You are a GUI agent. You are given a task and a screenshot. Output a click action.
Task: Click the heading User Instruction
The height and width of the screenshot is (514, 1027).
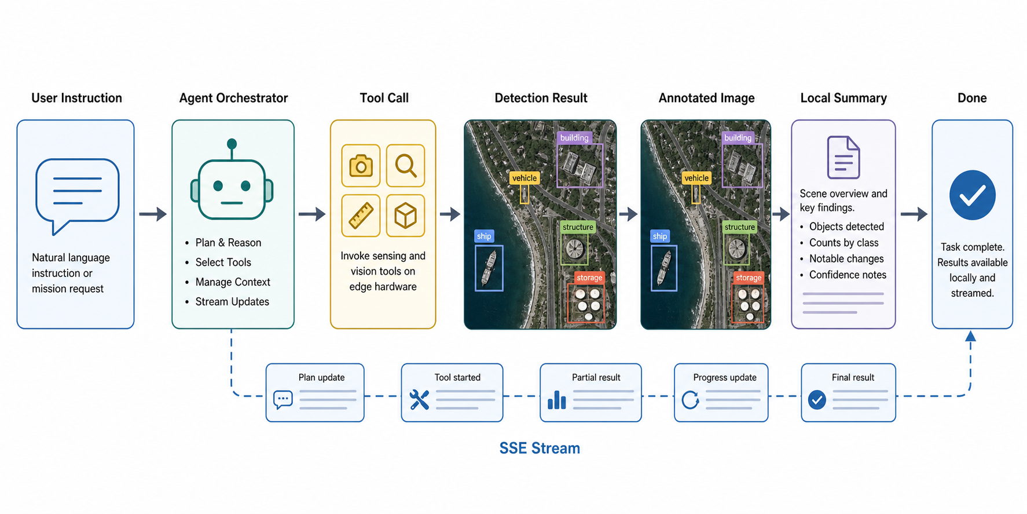pyautogui.click(x=76, y=98)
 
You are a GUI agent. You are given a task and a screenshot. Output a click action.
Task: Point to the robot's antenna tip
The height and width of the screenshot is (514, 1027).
pyautogui.click(x=232, y=143)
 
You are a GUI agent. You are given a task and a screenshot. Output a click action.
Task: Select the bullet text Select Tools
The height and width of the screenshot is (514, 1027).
pyautogui.click(x=223, y=263)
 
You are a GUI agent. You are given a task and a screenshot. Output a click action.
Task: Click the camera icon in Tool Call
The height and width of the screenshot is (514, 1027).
pyautogui.click(x=361, y=166)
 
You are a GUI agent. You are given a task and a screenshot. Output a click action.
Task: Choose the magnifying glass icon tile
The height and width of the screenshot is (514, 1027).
pyautogui.click(x=405, y=166)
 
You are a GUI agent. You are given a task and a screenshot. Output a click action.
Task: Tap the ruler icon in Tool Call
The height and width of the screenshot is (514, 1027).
pyautogui.click(x=361, y=216)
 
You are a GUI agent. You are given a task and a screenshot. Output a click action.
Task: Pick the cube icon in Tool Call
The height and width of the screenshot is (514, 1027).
pyautogui.click(x=405, y=216)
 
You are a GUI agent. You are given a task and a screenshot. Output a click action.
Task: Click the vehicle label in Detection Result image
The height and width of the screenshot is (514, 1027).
pyautogui.click(x=524, y=178)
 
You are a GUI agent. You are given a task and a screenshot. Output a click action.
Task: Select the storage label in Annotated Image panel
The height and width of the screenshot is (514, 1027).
pyautogui.click(x=749, y=278)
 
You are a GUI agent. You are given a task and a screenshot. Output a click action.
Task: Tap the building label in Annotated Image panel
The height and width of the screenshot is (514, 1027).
pyautogui.click(x=738, y=137)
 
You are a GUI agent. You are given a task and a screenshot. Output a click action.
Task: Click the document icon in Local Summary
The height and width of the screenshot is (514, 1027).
pyautogui.click(x=843, y=157)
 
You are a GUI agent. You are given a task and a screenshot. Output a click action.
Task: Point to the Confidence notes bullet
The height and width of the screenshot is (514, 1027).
pyautogui.click(x=848, y=275)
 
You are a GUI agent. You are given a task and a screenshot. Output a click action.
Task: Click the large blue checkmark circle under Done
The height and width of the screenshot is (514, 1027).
pyautogui.click(x=973, y=195)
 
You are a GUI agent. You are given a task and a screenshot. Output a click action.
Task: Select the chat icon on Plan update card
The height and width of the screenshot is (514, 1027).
pyautogui.click(x=283, y=400)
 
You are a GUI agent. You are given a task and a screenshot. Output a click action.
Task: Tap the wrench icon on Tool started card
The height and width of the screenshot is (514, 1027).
pyautogui.click(x=419, y=400)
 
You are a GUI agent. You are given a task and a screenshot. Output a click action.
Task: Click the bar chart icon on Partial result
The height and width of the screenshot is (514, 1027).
pyautogui.click(x=556, y=400)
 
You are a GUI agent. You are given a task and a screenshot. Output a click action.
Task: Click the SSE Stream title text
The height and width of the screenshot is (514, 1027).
pyautogui.click(x=540, y=449)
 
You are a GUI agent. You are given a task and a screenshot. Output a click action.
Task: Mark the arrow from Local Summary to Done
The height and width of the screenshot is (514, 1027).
pyautogui.click(x=914, y=214)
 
